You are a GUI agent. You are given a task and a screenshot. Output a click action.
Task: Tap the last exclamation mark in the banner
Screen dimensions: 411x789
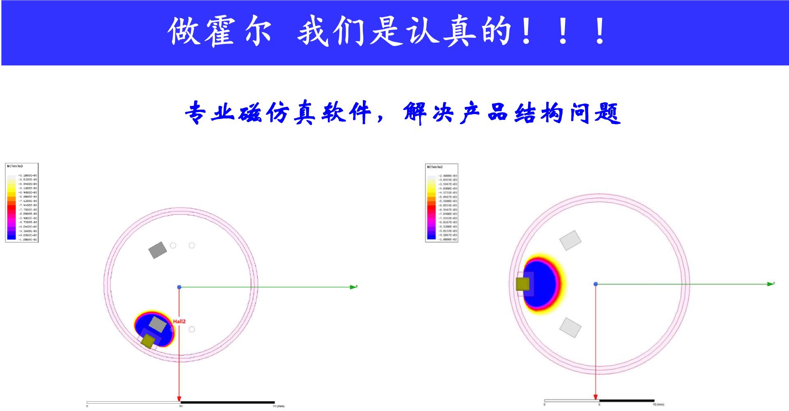coord(600,31)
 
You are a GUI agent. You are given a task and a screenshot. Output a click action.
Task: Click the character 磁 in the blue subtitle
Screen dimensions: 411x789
coord(250,113)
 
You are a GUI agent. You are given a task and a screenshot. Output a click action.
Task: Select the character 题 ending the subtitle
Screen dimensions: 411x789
coord(607,113)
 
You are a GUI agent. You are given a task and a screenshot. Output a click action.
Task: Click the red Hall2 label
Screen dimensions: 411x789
coord(179,321)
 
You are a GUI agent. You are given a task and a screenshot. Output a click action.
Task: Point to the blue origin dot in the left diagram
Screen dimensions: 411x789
coord(179,287)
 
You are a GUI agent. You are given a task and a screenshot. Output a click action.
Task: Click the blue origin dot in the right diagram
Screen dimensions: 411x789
coord(595,284)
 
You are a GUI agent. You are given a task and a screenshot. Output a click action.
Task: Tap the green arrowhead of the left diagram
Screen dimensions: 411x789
coord(353,287)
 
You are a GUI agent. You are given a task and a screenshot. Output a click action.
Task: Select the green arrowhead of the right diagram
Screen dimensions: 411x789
coord(771,284)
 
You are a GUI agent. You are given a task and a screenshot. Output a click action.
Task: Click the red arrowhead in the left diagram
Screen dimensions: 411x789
coord(179,398)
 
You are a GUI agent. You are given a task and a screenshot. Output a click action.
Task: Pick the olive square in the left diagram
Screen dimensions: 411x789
coord(148,341)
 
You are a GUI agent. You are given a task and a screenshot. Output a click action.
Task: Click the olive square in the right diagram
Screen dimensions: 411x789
coord(523,284)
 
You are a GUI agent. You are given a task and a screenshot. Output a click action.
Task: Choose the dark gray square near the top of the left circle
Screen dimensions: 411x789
coord(157,250)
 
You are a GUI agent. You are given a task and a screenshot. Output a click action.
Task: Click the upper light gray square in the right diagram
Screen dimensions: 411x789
coord(571,241)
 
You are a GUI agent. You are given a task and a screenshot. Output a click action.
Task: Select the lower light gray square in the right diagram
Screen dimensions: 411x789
coord(571,328)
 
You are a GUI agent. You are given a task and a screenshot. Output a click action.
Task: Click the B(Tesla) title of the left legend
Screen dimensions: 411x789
coord(15,166)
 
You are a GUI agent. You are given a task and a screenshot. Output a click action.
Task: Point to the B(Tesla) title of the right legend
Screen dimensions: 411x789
coord(435,167)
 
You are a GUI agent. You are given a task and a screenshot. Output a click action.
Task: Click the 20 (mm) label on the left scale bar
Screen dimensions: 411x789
coord(279,406)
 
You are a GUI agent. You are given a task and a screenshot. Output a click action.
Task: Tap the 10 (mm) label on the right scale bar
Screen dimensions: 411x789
coord(658,404)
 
